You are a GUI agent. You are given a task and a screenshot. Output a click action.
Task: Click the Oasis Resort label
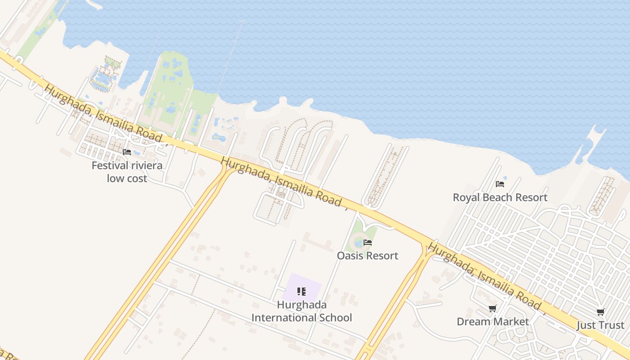point(368,256)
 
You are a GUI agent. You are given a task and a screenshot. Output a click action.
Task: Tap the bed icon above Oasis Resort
point(368,243)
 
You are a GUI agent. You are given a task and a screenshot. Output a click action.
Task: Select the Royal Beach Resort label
point(500,197)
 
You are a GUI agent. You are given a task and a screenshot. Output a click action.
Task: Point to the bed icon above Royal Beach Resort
point(500,184)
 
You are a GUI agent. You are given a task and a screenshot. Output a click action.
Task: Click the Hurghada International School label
point(301,311)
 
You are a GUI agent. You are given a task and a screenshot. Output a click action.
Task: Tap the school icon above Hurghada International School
point(301,292)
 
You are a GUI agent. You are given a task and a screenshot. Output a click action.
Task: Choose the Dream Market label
point(493,321)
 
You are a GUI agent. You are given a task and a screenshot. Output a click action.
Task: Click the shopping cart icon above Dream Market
point(493,309)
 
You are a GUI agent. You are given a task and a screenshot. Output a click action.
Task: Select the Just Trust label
point(600,325)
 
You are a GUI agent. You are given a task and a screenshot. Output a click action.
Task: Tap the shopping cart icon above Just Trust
point(600,312)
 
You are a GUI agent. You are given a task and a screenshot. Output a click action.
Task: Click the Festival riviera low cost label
point(127,172)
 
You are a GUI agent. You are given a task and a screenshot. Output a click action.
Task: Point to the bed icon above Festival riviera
point(127,152)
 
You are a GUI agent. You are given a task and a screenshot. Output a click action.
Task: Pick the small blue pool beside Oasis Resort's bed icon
point(359,243)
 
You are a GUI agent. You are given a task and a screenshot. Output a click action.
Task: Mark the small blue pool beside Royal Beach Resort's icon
point(505,179)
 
